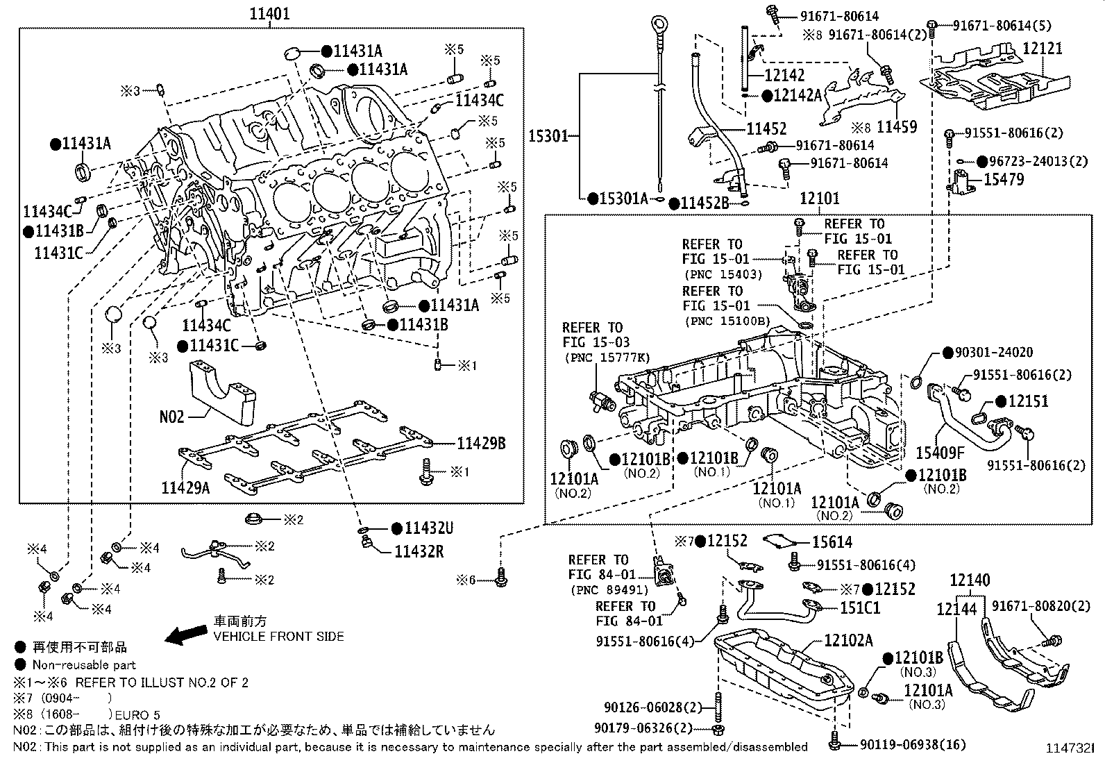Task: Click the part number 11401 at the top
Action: tap(269, 13)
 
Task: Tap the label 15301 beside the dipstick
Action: tap(548, 135)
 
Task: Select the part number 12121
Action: tap(1043, 49)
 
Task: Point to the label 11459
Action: tap(897, 127)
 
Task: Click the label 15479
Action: tap(1004, 179)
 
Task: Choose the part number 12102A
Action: tap(849, 641)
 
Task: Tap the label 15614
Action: tap(832, 542)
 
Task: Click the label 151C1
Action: tap(860, 607)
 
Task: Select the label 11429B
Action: tap(481, 443)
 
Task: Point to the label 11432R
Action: tap(419, 551)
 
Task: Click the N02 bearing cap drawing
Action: tap(223, 392)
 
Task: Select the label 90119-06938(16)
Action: tap(913, 744)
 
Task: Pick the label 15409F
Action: tap(940, 453)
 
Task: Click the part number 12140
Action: tap(970, 580)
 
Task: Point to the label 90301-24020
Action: tap(994, 352)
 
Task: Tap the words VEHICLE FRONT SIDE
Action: tap(279, 636)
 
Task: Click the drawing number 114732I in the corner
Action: tap(1070, 748)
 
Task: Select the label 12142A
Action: tap(798, 95)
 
